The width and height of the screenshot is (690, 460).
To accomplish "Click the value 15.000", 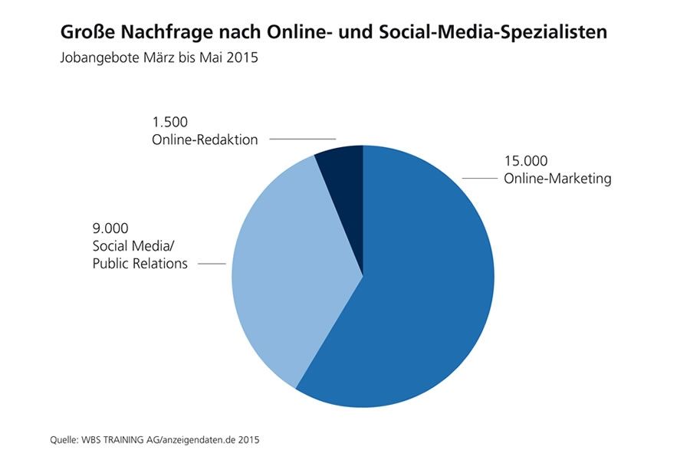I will click(x=525, y=162).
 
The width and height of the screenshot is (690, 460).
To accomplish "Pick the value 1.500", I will click(x=169, y=122).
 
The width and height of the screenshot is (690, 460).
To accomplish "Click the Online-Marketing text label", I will click(x=557, y=179).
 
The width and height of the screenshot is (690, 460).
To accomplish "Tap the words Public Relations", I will click(x=139, y=264).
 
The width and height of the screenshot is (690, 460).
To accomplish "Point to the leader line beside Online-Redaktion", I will click(x=302, y=140).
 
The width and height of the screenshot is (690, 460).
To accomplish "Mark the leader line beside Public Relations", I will click(x=212, y=264).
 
